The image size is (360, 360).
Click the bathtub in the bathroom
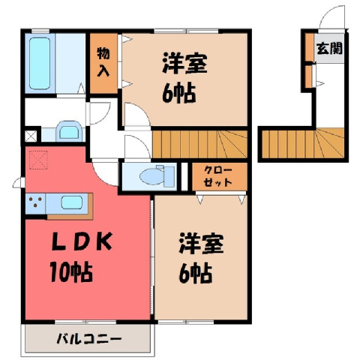(x=40, y=63)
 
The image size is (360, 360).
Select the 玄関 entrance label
(x=329, y=48)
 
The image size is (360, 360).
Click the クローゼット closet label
(x=218, y=176)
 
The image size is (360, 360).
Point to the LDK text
(x=82, y=241)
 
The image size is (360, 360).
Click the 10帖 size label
(x=71, y=271)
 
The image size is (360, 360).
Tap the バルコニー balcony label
(x=89, y=340)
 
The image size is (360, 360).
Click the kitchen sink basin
(x=72, y=202)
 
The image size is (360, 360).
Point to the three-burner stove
(x=35, y=202)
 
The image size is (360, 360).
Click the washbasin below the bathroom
(x=69, y=131)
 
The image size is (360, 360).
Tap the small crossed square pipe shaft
(x=31, y=136)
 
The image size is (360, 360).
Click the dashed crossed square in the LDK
(x=38, y=160)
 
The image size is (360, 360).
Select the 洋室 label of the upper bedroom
(x=184, y=63)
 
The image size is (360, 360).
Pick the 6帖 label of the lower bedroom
(x=196, y=273)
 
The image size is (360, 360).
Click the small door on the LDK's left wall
(x=19, y=182)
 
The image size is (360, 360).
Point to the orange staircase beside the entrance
(x=303, y=143)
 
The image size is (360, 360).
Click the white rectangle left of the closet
(x=184, y=176)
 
